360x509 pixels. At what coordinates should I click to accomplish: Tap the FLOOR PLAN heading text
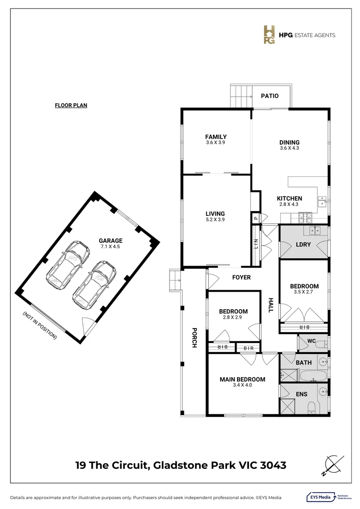[x=71, y=106]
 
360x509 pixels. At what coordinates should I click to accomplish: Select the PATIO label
[x=270, y=96]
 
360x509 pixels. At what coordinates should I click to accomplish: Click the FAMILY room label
[x=216, y=137]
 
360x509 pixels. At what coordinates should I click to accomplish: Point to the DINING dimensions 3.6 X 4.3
[x=289, y=148]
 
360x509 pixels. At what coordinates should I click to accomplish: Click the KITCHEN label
[x=289, y=198]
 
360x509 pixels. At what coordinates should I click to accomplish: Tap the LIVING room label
[x=215, y=213]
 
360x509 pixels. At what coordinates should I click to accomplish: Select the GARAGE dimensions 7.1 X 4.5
[x=110, y=246]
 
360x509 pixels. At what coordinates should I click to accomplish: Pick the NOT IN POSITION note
[x=40, y=325]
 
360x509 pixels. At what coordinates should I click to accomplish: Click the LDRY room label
[x=302, y=245]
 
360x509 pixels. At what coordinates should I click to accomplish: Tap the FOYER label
[x=241, y=278]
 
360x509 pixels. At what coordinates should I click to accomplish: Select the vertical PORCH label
[x=194, y=337]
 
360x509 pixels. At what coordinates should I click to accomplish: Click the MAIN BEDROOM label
[x=242, y=379]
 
